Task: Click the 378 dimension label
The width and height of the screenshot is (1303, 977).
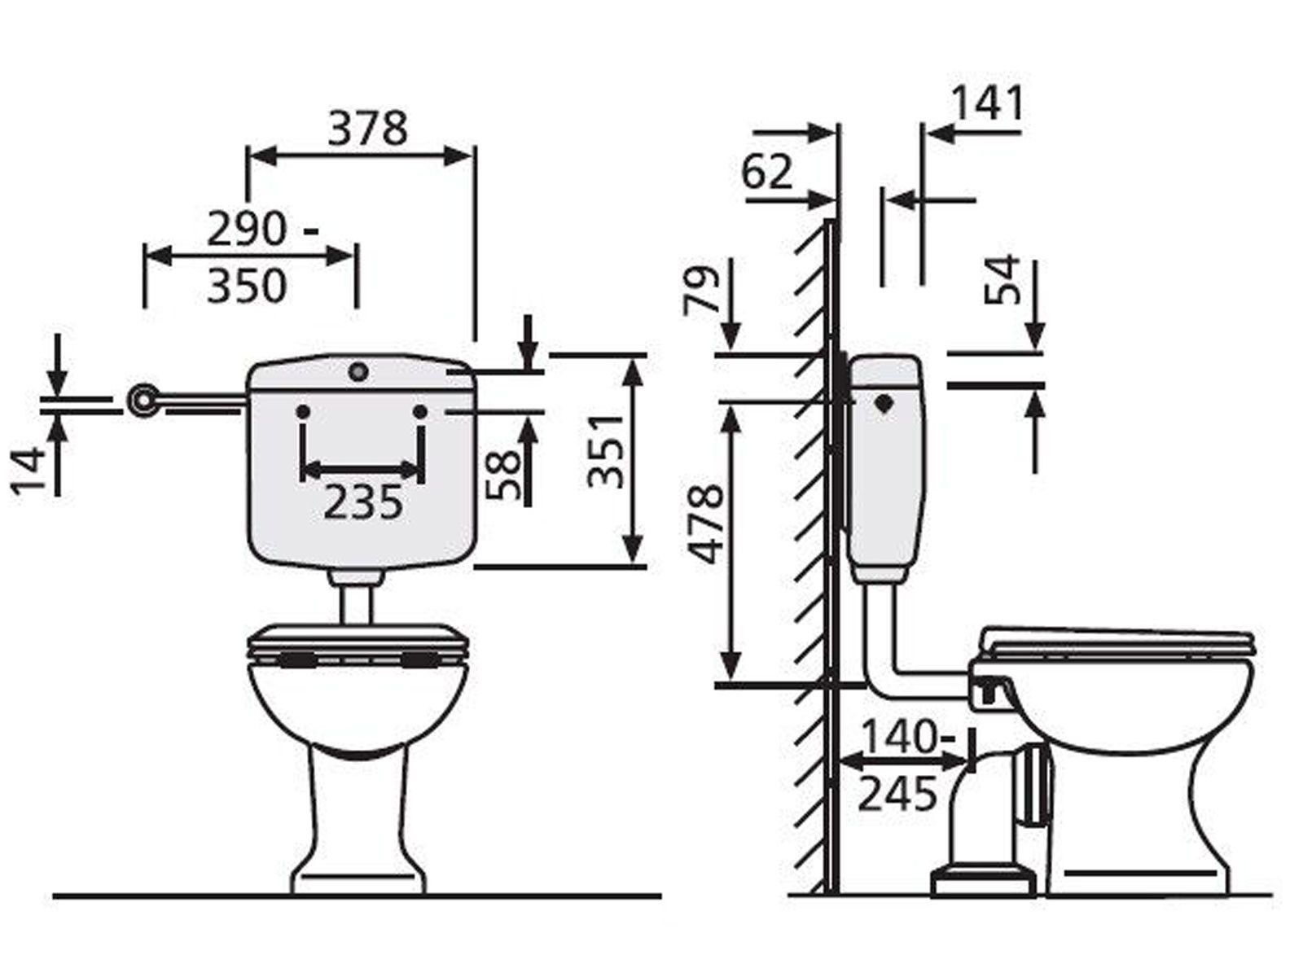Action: pyautogui.click(x=368, y=129)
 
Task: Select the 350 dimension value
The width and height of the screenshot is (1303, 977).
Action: pyautogui.click(x=247, y=286)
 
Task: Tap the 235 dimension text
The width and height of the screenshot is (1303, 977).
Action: pyautogui.click(x=363, y=502)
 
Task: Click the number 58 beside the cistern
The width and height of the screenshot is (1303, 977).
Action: pyautogui.click(x=502, y=475)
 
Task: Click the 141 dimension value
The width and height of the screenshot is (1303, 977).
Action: pyautogui.click(x=988, y=103)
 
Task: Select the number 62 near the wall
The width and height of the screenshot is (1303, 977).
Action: pyautogui.click(x=767, y=172)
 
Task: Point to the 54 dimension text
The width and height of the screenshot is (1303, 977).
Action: pyautogui.click(x=1002, y=280)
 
